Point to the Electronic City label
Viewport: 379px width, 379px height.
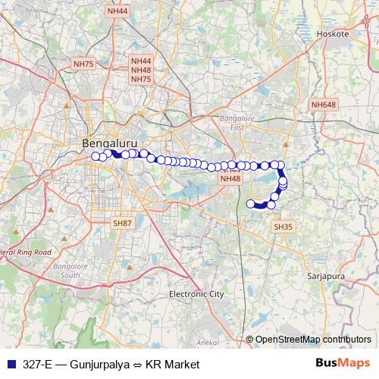click(x=196, y=293)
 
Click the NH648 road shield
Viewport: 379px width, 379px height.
click(x=322, y=105)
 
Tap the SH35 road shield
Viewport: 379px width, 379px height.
click(x=282, y=226)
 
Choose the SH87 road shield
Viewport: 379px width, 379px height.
click(x=121, y=224)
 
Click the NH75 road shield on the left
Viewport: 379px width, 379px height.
click(x=83, y=65)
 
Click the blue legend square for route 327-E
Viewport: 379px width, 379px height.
click(x=11, y=365)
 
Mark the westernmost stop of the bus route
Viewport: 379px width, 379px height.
click(x=96, y=156)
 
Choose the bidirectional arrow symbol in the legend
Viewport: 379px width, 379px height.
click(x=133, y=365)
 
